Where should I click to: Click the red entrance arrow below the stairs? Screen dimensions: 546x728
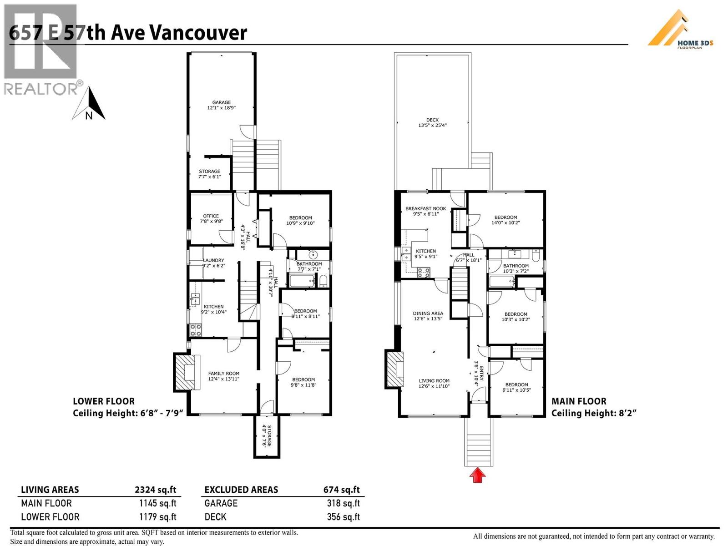point(477,475)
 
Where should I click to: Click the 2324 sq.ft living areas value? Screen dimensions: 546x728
point(155,490)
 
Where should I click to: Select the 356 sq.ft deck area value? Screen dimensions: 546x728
point(343,517)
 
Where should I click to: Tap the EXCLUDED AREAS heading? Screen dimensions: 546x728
point(241,490)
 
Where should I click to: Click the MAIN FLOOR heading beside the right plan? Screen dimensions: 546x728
point(579,401)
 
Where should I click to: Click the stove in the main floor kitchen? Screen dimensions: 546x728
point(424,272)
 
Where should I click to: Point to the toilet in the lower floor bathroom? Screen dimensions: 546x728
point(323,281)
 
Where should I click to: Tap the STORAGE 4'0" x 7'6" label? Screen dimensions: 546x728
point(267,436)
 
